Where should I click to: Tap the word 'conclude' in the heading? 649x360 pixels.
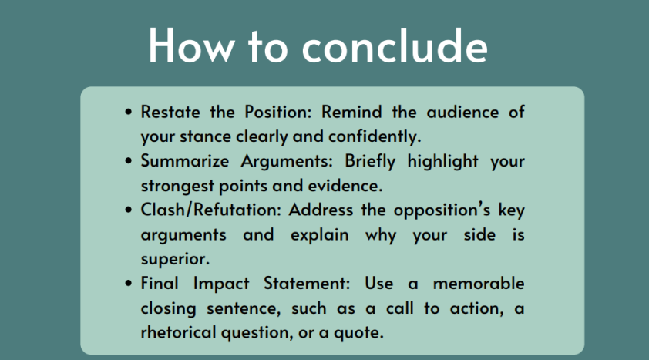click(395, 45)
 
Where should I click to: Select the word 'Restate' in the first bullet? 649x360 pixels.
click(170, 112)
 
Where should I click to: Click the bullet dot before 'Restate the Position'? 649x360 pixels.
click(128, 112)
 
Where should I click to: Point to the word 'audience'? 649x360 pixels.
click(462, 112)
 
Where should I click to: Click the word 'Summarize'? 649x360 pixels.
click(184, 161)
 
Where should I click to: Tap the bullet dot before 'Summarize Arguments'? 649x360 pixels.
click(128, 160)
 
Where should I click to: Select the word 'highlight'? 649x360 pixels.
click(443, 161)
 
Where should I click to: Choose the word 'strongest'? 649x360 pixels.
click(177, 186)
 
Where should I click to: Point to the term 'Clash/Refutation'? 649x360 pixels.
click(211, 210)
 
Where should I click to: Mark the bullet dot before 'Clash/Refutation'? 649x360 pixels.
click(128, 210)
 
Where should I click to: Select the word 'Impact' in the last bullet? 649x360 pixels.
click(221, 284)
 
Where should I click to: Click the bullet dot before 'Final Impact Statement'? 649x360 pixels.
click(128, 284)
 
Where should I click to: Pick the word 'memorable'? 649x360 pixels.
click(479, 284)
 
